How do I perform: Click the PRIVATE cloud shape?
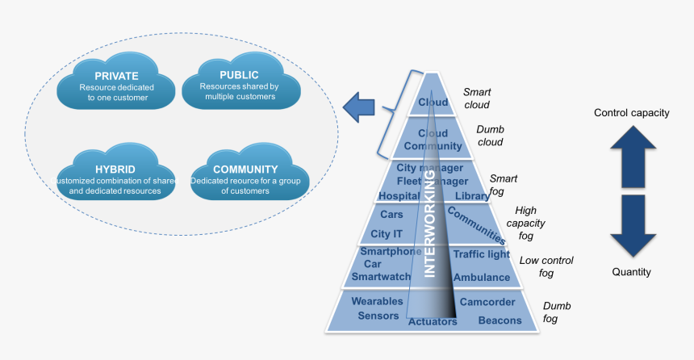point(116,86)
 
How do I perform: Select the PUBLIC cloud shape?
point(239,86)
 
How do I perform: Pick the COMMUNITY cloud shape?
point(245,176)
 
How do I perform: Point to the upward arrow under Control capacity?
point(632,157)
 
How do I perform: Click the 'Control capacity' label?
point(631,113)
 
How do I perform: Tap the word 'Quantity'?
point(631,272)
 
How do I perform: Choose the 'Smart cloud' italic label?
point(476,98)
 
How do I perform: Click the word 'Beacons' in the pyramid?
point(500,320)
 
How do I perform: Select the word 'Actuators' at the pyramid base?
point(433,321)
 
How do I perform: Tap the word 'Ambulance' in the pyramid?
point(482,277)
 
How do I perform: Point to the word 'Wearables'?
point(377,301)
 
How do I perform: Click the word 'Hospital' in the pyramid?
point(399,195)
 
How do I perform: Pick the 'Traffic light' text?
point(481,254)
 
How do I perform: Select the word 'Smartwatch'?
point(381,277)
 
